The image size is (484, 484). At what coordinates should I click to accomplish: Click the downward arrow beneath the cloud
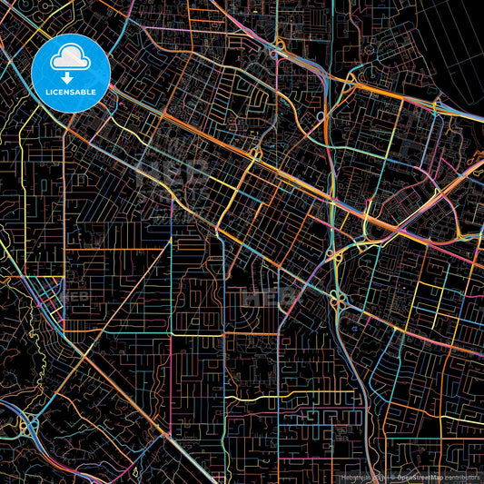tap(70, 77)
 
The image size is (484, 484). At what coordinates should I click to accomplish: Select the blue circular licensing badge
tap(71, 73)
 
